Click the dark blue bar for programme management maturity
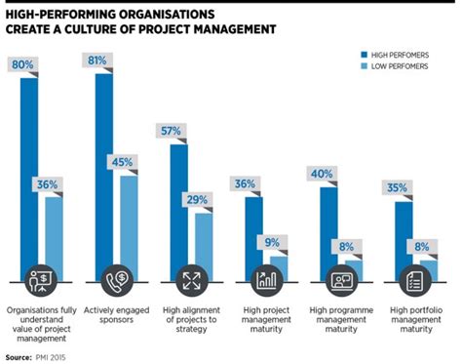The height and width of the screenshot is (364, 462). click(x=329, y=229)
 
